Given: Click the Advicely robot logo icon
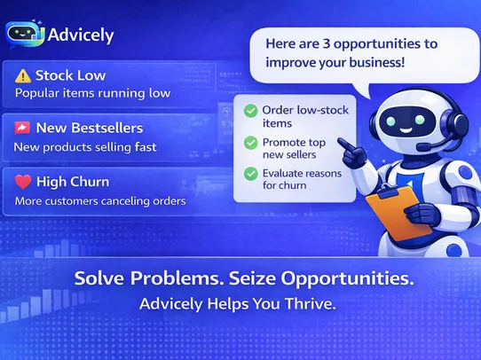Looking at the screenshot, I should click(23, 35).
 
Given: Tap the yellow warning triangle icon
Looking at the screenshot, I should click(22, 75).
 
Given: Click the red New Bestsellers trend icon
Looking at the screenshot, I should click(22, 129).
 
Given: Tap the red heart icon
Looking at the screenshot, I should click(23, 182).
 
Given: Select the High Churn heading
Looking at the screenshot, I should click(73, 182).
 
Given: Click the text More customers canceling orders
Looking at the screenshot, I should click(100, 201).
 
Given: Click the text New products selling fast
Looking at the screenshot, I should click(85, 146).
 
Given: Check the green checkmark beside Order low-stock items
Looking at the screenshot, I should click(251, 110).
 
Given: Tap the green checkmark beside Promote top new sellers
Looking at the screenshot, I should click(251, 142).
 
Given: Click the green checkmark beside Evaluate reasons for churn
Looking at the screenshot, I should click(251, 173).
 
